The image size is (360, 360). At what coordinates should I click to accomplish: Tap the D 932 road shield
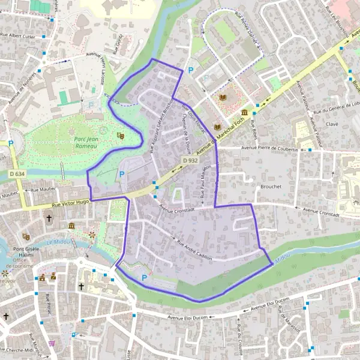[x=191, y=161]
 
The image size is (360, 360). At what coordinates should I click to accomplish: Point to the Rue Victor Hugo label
[x=71, y=204]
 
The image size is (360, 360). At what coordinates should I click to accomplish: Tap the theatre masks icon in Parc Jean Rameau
[x=120, y=137]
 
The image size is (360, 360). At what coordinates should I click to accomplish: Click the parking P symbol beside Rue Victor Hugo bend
[x=122, y=174]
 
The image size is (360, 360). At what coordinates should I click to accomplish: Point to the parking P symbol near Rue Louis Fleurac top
[x=191, y=70]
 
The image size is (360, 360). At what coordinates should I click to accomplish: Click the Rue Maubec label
[x=42, y=190]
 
